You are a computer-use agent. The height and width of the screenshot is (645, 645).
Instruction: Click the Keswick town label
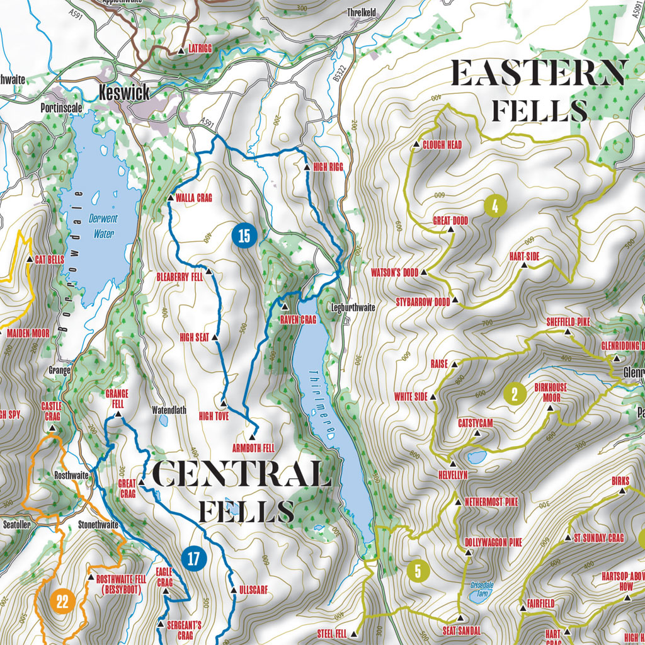[125, 93]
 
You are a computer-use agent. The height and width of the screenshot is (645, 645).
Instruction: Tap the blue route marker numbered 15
[244, 236]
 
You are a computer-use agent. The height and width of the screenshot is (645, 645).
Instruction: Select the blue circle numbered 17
[195, 557]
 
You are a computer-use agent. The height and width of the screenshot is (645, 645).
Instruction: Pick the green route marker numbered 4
[496, 206]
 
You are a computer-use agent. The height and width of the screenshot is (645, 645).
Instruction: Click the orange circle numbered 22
[62, 601]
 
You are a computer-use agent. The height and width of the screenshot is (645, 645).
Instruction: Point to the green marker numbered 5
[418, 571]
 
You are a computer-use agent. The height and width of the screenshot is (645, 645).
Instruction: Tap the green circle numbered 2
[515, 395]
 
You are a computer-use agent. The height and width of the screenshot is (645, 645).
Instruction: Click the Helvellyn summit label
[453, 475]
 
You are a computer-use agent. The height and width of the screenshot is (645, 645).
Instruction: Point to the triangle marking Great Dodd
[451, 231]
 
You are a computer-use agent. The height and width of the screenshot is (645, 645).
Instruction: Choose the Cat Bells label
[50, 259]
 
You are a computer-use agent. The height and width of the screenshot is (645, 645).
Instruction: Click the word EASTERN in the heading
[539, 74]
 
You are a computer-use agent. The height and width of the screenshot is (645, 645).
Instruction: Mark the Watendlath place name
[169, 409]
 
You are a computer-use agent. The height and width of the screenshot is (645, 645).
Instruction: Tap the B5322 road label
[338, 74]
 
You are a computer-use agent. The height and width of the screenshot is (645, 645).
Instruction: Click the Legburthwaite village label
[353, 308]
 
